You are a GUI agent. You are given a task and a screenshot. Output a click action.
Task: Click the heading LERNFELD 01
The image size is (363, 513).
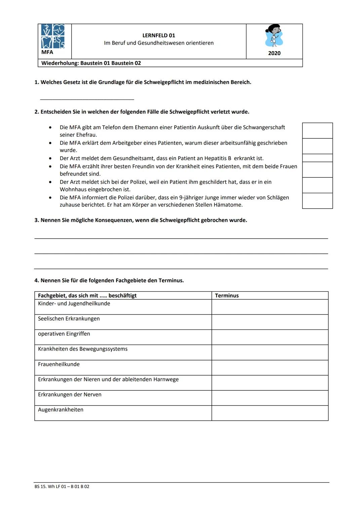click(159, 36)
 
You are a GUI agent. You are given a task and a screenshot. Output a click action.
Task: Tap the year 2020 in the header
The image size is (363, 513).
click(274, 53)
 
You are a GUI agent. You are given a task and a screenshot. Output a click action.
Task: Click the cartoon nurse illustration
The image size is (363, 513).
click(274, 36)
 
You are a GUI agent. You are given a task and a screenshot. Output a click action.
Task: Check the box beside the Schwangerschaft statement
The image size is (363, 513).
click(317, 131)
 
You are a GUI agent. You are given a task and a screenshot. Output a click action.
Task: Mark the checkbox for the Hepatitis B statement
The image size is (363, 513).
click(317, 158)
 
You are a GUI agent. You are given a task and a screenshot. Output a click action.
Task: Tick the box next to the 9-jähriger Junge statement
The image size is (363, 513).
click(317, 201)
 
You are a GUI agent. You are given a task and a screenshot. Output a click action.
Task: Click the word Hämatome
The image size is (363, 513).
click(228, 205)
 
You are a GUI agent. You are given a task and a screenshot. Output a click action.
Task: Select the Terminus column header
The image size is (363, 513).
click(227, 296)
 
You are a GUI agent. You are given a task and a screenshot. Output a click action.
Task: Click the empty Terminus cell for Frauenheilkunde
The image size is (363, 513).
click(270, 368)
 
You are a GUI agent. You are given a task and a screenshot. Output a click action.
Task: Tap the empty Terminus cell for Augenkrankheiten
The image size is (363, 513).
click(270, 413)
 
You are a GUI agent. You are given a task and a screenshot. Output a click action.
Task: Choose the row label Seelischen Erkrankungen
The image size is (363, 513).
click(69, 319)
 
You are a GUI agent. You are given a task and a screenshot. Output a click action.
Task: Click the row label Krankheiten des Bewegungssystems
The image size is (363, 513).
click(83, 349)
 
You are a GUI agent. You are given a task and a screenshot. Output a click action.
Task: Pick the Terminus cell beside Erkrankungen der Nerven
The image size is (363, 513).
click(270, 398)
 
